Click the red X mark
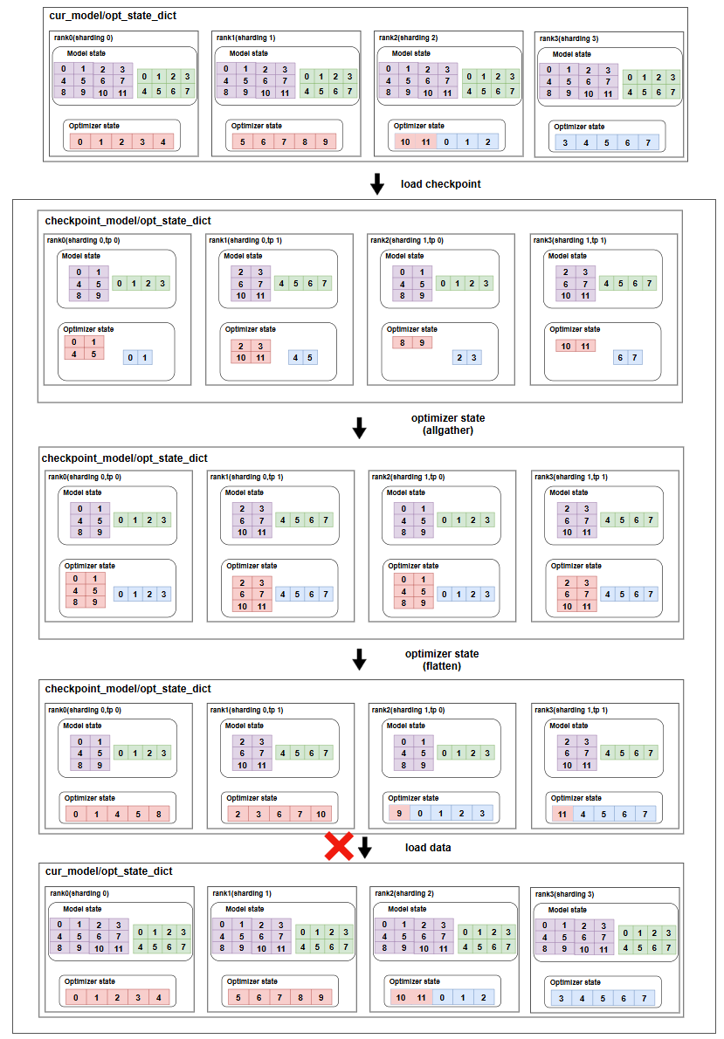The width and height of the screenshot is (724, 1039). [339, 846]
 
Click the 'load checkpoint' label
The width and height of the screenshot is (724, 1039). [441, 184]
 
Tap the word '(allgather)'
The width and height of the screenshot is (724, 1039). [448, 430]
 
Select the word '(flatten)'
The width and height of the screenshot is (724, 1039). [442, 666]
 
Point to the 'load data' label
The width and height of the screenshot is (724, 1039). [428, 848]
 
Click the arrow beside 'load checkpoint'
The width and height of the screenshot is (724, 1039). [376, 183]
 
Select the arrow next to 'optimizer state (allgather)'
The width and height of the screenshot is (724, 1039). [359, 428]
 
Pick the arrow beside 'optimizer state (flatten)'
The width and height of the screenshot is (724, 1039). [359, 659]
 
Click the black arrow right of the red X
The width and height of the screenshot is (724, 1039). [365, 848]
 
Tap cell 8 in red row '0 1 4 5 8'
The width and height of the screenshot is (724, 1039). [159, 814]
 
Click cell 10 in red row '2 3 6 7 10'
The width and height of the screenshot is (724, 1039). [321, 814]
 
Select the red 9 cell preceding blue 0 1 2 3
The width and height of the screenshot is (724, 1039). [399, 814]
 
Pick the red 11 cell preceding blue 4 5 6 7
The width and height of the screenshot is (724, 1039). [562, 814]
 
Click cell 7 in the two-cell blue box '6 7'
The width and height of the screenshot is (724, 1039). [635, 358]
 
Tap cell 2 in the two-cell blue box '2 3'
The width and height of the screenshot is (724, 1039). [459, 358]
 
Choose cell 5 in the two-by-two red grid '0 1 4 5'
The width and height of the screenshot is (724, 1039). [94, 354]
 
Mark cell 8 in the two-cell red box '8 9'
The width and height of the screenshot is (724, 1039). [403, 342]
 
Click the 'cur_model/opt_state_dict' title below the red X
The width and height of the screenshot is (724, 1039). [109, 871]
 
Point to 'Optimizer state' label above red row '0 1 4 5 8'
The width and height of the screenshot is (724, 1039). [89, 798]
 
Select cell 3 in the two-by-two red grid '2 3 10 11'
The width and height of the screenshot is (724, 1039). [260, 346]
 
